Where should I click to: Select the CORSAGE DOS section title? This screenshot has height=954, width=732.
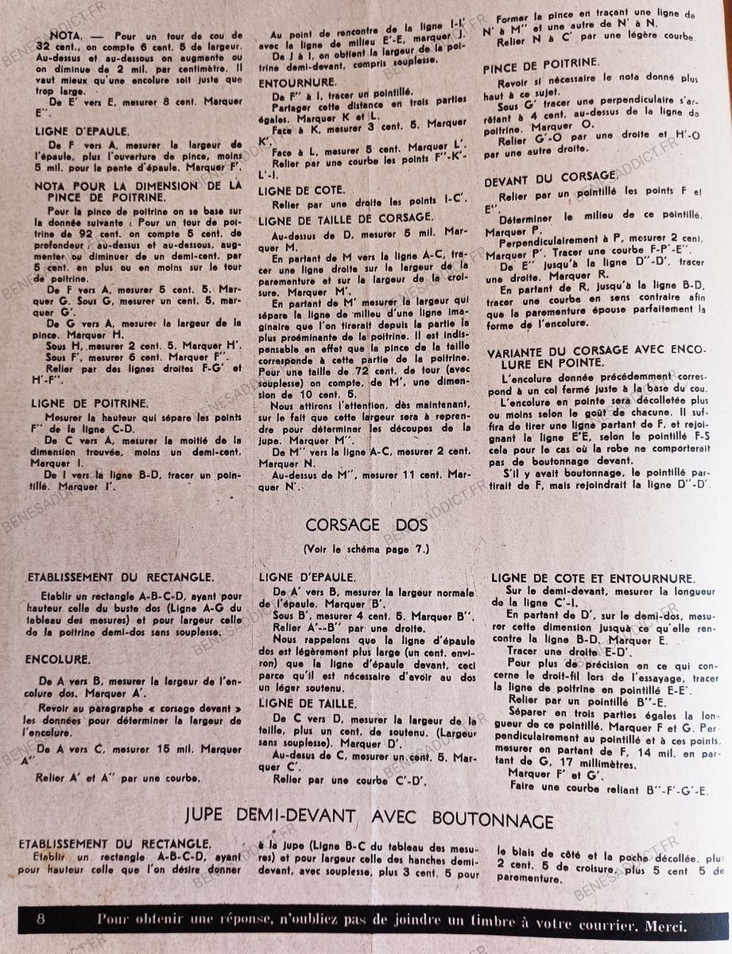366,525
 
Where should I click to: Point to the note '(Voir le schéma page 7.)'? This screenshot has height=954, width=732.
366,549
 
